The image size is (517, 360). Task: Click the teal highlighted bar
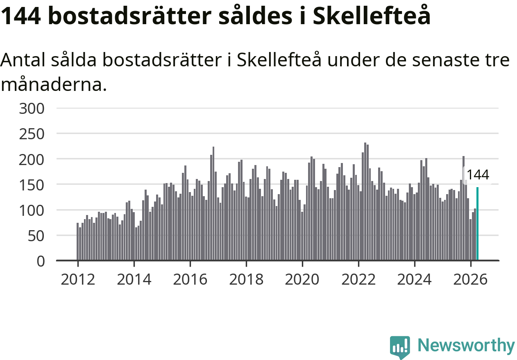point(478,224)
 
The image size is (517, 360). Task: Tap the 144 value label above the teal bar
point(478,175)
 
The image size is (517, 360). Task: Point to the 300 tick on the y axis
point(32,109)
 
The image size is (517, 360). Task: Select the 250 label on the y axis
point(32,134)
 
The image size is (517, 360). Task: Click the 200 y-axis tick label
point(32,160)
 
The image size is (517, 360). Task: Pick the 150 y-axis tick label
point(32,185)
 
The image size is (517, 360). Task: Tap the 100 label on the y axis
point(32,211)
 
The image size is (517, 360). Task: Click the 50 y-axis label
point(36,236)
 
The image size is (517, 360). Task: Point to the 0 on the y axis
point(41,262)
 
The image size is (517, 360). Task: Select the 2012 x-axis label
point(78,279)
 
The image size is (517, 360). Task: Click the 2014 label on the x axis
point(134,279)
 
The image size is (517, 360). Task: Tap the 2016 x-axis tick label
point(190,279)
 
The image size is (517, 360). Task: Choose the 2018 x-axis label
point(246,279)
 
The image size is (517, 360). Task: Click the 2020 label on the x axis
point(302,279)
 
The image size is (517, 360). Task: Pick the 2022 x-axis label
point(358,279)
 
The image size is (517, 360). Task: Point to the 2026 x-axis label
point(470,279)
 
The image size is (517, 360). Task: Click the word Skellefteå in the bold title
point(372,16)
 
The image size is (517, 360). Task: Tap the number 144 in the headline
point(21,16)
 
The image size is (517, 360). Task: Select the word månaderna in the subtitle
point(54,84)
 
